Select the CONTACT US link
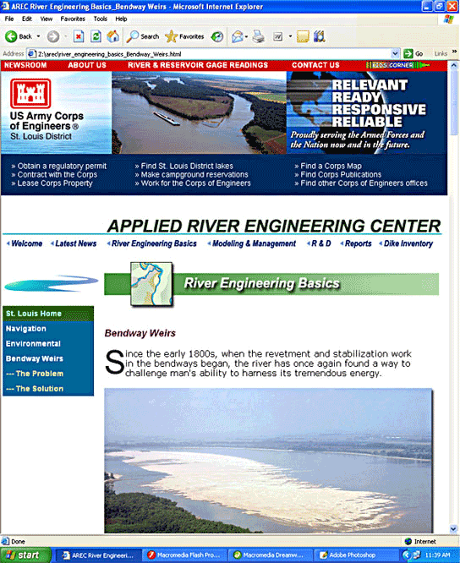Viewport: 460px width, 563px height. coord(315,65)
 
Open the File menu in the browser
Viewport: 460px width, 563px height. coord(9,18)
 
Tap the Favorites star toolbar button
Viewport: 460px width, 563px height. coord(184,36)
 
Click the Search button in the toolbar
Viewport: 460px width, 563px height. coord(143,36)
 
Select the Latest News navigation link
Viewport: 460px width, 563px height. coord(75,243)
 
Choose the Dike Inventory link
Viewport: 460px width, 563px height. coord(408,243)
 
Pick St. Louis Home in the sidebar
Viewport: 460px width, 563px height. coord(34,314)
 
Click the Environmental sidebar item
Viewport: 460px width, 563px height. coord(33,344)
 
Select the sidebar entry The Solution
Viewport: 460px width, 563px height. coord(36,389)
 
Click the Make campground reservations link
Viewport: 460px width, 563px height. coord(194,174)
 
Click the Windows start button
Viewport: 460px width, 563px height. coord(25,555)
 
